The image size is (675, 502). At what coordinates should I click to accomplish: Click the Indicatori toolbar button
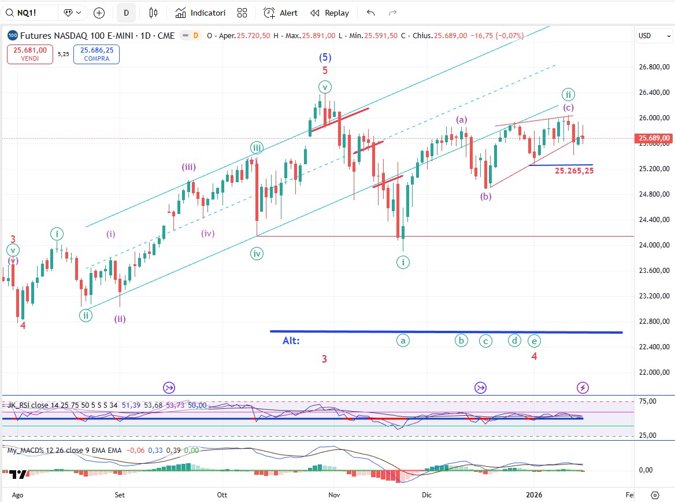201,13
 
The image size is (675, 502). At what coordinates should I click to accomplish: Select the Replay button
329,13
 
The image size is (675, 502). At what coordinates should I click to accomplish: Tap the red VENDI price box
31,54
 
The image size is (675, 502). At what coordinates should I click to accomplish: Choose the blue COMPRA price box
97,54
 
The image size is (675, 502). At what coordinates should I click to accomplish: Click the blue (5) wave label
325,57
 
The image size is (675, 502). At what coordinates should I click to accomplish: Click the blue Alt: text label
291,341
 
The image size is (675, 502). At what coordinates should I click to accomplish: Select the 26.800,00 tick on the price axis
653,67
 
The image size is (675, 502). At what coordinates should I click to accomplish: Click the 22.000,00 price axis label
653,372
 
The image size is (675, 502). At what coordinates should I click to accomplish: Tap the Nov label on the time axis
334,495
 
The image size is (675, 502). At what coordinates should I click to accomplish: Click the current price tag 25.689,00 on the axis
654,138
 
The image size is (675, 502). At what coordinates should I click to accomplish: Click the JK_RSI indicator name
19,405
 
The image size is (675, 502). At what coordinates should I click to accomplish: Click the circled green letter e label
534,341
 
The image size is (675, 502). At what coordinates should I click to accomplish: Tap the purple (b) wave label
486,196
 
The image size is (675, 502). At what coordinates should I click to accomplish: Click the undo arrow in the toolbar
370,13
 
